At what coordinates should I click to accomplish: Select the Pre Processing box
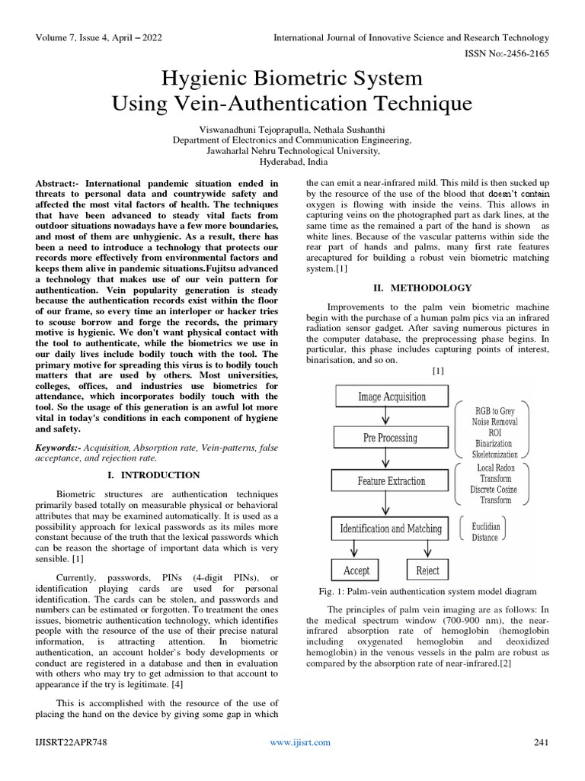click(389, 438)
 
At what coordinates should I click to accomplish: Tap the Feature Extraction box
click(391, 481)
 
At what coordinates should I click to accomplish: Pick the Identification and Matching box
click(391, 528)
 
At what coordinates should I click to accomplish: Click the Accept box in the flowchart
click(356, 570)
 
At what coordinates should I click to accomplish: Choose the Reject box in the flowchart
click(427, 570)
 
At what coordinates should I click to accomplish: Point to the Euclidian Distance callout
click(485, 532)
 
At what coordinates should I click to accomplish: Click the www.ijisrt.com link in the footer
click(301, 742)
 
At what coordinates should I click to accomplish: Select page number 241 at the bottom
click(541, 742)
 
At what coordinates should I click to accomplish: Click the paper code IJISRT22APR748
click(69, 742)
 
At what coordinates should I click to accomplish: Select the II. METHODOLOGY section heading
click(421, 288)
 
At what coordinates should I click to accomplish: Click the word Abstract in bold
click(57, 184)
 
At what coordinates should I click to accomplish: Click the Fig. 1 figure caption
click(427, 591)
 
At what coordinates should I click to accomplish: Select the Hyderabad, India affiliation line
click(292, 162)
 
